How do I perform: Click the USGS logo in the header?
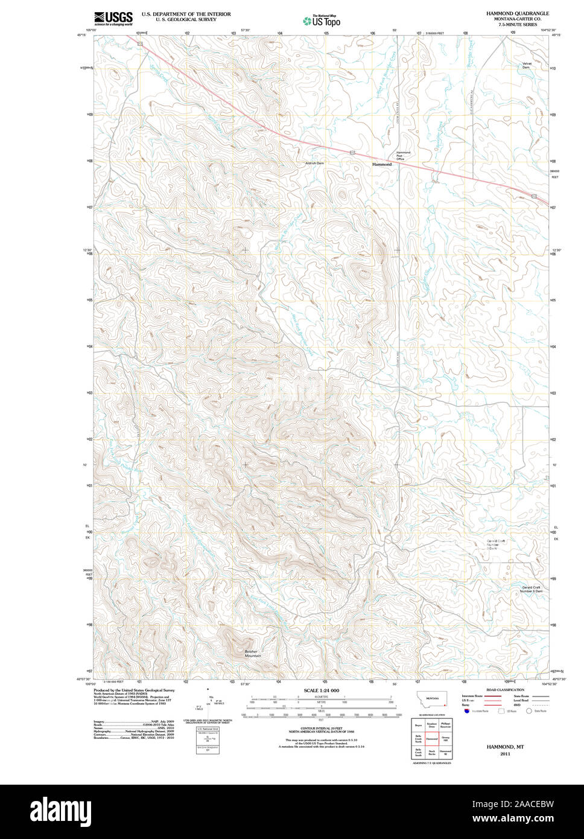click(113, 19)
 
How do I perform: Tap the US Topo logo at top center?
click(322, 21)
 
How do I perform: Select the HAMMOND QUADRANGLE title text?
click(518, 13)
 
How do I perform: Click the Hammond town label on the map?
click(381, 164)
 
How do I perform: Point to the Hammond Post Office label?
click(403, 156)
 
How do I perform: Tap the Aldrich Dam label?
click(314, 163)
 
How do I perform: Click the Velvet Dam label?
click(526, 65)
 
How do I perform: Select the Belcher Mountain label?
click(253, 653)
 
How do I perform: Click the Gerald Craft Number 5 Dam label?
click(531, 589)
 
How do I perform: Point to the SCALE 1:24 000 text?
click(321, 691)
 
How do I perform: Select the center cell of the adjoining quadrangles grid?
click(431, 738)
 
